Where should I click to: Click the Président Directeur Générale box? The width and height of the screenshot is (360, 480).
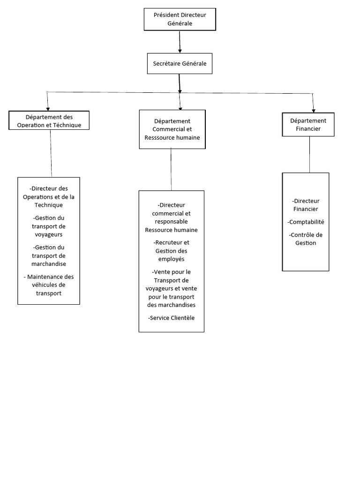(x=180, y=19)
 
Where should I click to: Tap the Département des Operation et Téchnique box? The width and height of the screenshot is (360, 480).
(x=49, y=120)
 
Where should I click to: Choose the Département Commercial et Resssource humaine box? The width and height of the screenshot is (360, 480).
(x=172, y=129)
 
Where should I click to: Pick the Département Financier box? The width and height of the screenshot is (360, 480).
(x=308, y=124)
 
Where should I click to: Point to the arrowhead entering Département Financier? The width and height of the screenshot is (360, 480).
(x=313, y=109)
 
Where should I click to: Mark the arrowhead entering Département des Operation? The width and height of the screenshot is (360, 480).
(x=48, y=108)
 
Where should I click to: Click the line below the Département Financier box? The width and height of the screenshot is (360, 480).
(x=309, y=154)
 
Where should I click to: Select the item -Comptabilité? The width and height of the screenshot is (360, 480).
(x=306, y=222)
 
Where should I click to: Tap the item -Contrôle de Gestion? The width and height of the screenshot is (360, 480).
(x=306, y=239)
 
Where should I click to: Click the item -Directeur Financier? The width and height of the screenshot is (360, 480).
(x=306, y=205)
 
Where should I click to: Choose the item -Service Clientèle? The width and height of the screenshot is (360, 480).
(x=171, y=318)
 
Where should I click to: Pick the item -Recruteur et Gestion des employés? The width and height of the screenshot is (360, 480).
(x=171, y=251)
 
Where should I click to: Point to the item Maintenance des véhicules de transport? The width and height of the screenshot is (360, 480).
(x=49, y=285)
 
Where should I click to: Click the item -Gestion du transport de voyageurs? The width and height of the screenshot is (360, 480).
(x=49, y=226)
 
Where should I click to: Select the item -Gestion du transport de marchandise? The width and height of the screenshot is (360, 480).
(x=49, y=255)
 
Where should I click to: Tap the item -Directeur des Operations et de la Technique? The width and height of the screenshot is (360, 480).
(x=49, y=196)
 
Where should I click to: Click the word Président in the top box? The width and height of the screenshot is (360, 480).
(x=167, y=15)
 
